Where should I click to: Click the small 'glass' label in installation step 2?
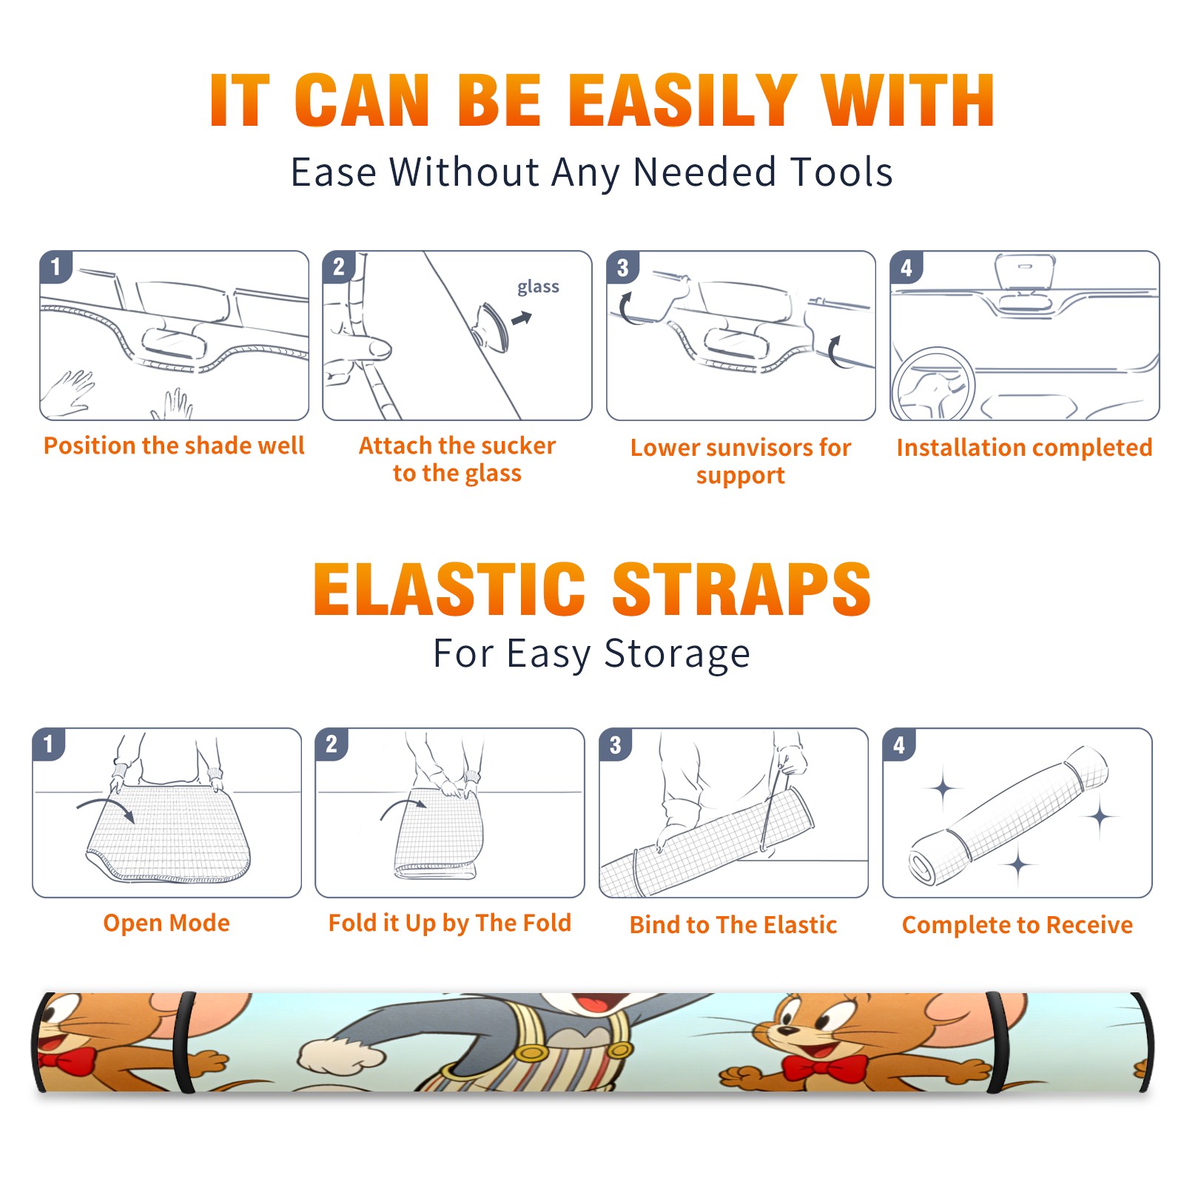tap(538, 286)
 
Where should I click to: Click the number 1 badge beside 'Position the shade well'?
tap(55, 266)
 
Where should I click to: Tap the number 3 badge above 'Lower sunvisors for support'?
tap(622, 267)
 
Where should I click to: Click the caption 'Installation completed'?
tap(1024, 447)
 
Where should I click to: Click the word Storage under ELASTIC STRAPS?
tap(677, 654)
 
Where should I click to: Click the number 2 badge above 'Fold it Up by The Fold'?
tap(332, 744)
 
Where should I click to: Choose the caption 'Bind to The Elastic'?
tap(733, 924)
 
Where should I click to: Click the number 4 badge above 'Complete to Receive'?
tap(898, 744)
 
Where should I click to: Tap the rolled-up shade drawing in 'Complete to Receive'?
tap(1009, 815)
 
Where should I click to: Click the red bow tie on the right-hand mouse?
tap(824, 1068)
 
